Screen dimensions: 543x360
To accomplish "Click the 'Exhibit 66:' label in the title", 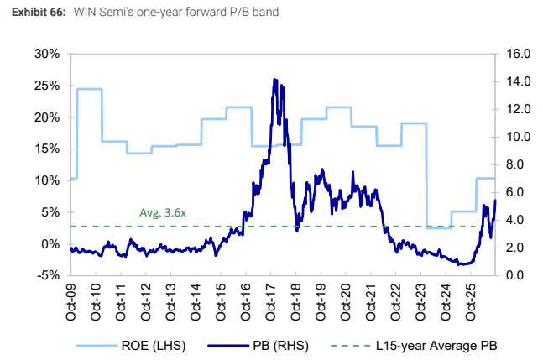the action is (39, 12).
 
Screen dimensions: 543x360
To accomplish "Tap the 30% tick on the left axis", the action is (47, 54).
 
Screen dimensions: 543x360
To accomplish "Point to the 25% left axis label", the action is (47, 86).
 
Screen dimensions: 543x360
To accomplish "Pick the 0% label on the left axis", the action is (50, 244).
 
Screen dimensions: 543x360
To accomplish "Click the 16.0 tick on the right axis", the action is (519, 54).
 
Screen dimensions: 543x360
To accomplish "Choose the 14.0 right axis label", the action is (519, 81).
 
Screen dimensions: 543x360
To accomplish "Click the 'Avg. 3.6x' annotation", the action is (163, 212).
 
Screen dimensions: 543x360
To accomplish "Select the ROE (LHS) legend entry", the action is (131, 346).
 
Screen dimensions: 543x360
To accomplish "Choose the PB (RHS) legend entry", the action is (258, 346).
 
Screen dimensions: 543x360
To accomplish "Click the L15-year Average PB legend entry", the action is (414, 346).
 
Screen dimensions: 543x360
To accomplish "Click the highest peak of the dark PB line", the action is (274, 79).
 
